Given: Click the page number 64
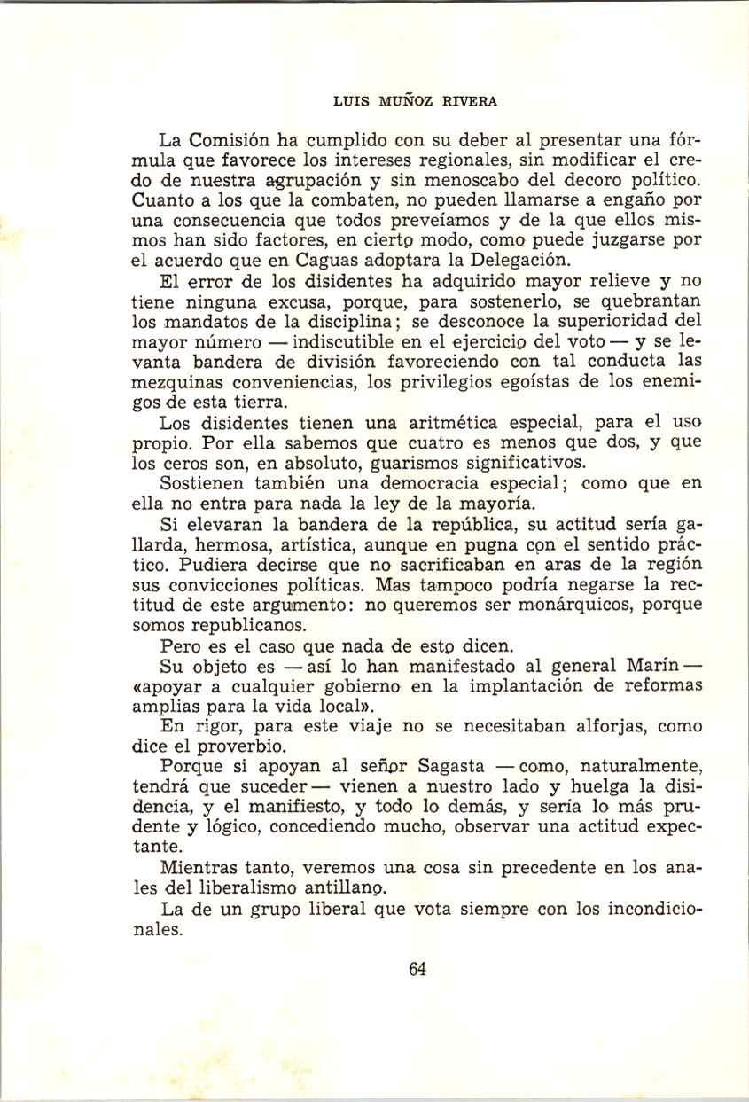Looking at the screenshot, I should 418,969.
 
